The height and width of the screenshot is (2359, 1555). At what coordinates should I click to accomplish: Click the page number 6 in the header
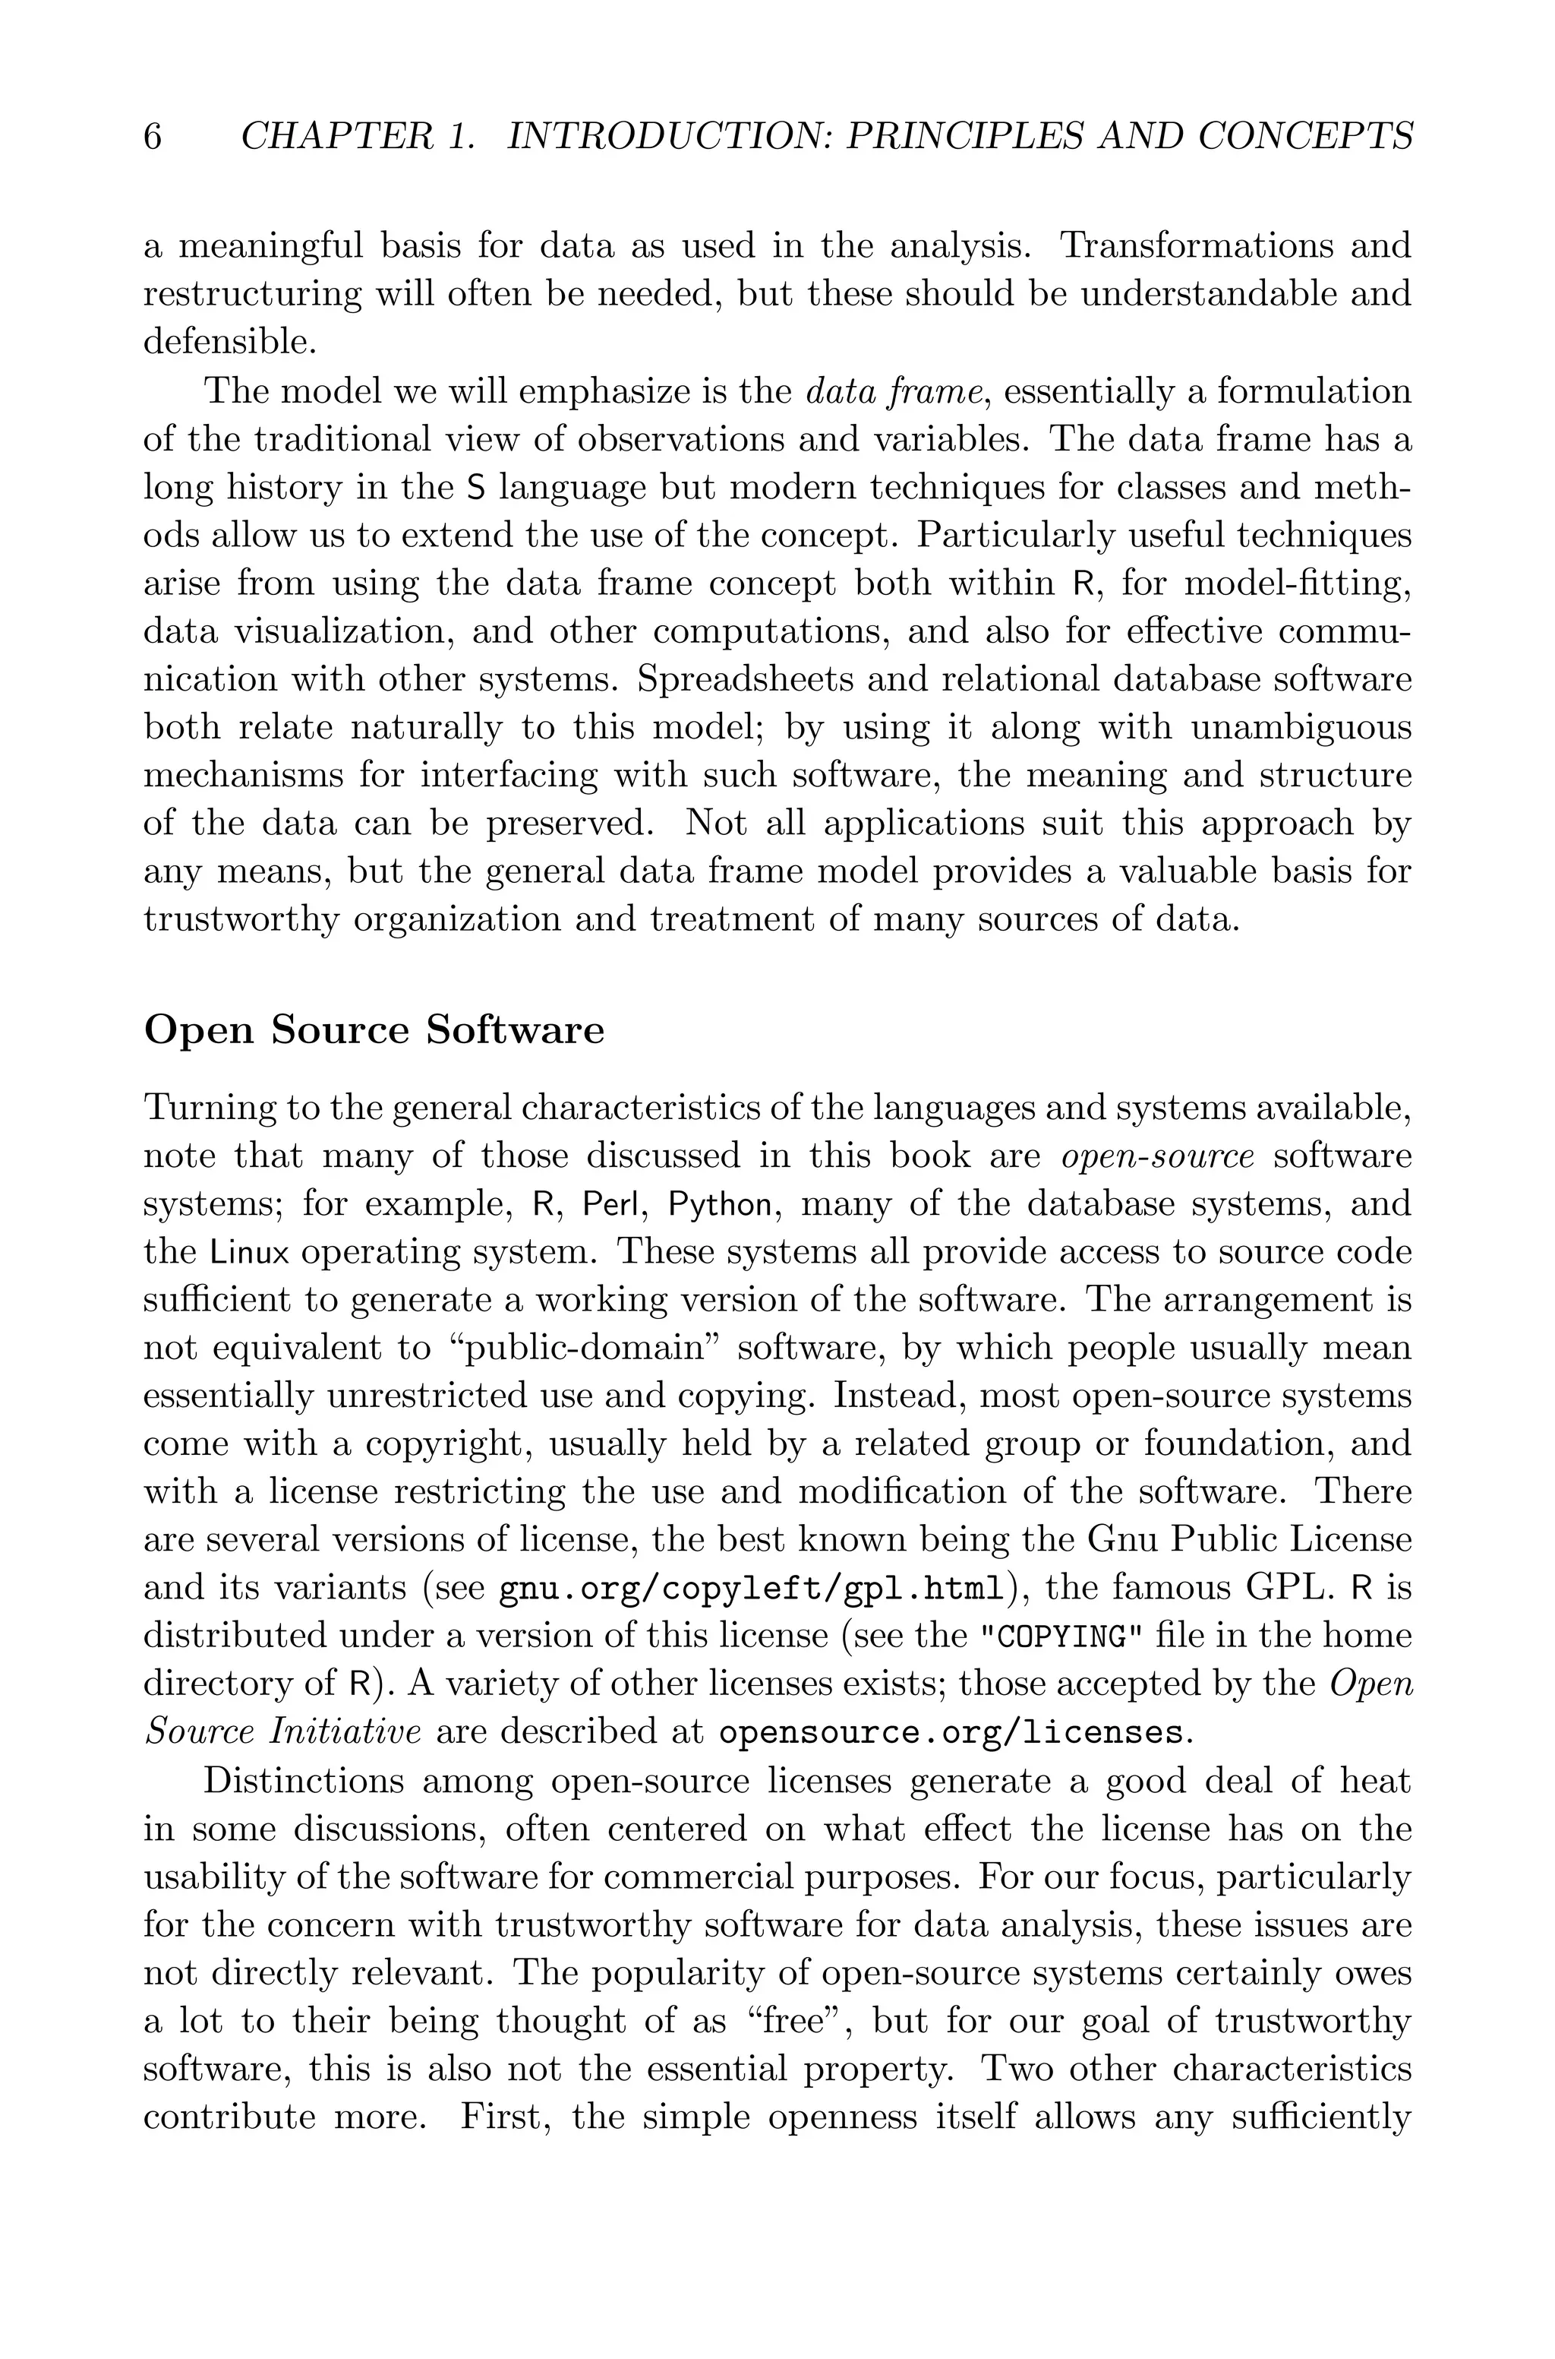(153, 137)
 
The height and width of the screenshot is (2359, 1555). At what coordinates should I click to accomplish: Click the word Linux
(250, 1252)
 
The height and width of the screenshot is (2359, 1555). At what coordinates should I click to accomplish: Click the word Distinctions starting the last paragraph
(304, 1781)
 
